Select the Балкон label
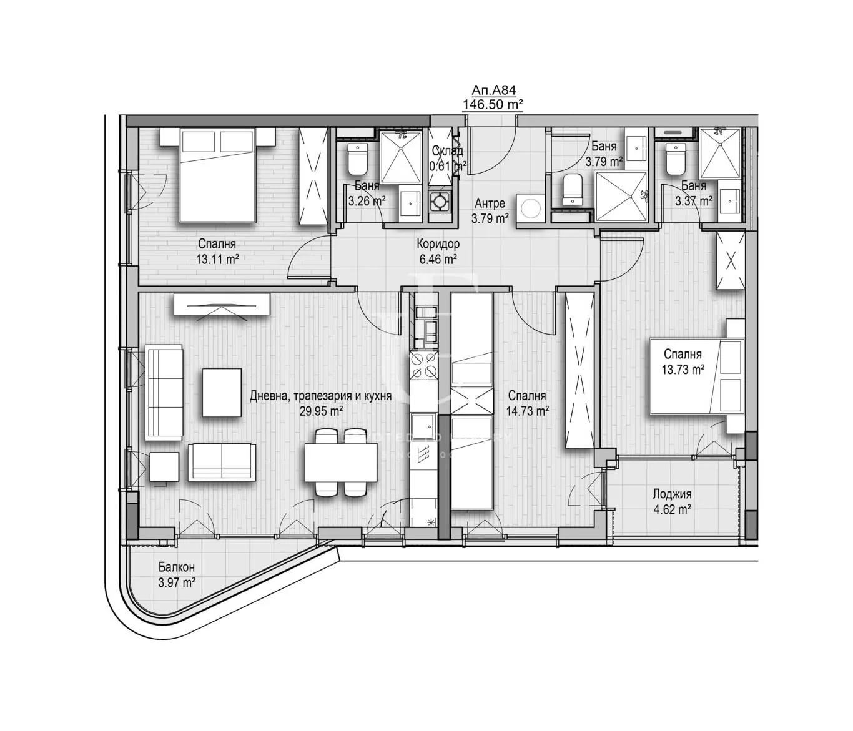tap(176, 567)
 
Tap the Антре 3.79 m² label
tap(490, 210)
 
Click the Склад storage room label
tap(447, 151)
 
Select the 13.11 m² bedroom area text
tap(217, 260)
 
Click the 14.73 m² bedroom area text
tap(528, 410)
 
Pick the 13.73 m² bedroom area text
tap(683, 369)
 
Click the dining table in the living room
tap(341, 463)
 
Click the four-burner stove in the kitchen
tap(423, 365)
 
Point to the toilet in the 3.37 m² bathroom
tap(676, 160)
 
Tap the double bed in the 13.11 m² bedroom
tap(217, 175)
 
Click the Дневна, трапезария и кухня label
tap(320, 396)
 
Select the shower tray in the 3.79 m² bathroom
tap(621, 196)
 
